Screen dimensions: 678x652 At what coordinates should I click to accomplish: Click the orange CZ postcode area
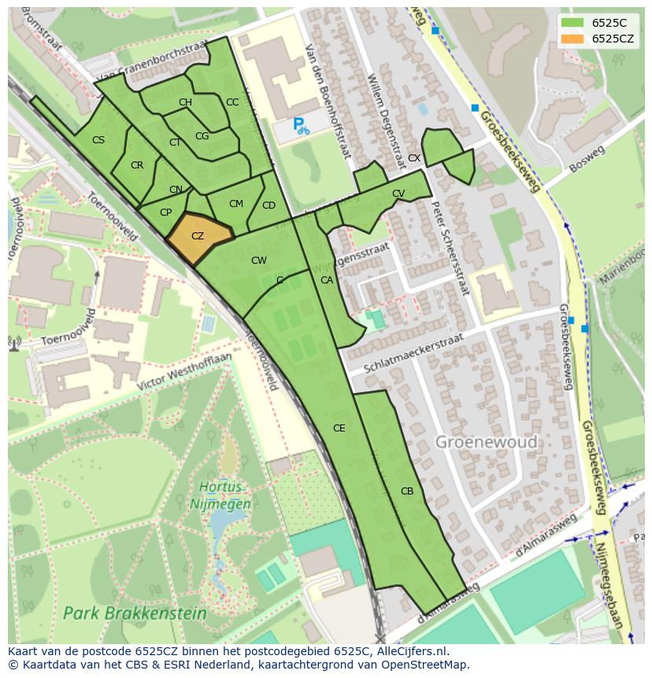pyautogui.click(x=199, y=236)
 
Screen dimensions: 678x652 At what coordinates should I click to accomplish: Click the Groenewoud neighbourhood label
pyautogui.click(x=486, y=442)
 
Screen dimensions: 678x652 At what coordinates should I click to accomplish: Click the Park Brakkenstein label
pyautogui.click(x=135, y=613)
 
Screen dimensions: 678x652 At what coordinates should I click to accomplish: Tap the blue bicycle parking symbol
pyautogui.click(x=300, y=124)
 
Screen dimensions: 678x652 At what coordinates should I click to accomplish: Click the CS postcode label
pyautogui.click(x=98, y=140)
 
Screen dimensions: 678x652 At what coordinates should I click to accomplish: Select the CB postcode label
pyautogui.click(x=407, y=491)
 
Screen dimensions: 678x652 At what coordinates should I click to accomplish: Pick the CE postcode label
pyautogui.click(x=339, y=428)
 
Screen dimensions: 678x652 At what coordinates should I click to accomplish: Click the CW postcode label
pyautogui.click(x=258, y=261)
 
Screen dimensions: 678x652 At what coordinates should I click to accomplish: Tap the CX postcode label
pyautogui.click(x=413, y=158)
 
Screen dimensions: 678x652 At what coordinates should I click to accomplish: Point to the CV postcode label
pyautogui.click(x=398, y=194)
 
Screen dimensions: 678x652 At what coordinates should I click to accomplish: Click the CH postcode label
pyautogui.click(x=185, y=102)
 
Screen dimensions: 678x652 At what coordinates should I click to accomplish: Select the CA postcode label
pyautogui.click(x=326, y=280)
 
